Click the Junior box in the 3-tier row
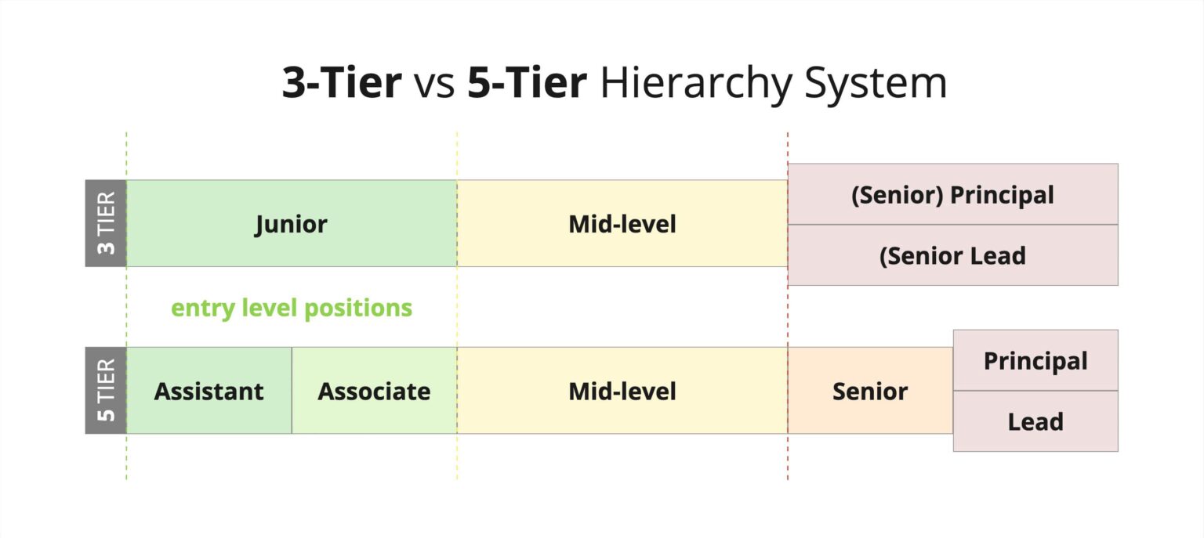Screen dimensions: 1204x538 click(292, 223)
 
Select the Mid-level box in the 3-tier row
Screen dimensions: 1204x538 click(622, 223)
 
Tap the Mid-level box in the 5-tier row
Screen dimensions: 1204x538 click(622, 390)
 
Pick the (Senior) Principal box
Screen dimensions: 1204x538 click(953, 194)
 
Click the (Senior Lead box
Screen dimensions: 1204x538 click(953, 255)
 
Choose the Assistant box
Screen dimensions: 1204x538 click(209, 390)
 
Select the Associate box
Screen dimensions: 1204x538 click(375, 390)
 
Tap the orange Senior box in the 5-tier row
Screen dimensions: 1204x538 click(870, 390)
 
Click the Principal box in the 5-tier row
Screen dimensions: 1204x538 click(1035, 360)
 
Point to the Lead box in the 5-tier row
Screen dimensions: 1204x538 click(1035, 421)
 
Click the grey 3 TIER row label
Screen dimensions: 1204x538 click(106, 223)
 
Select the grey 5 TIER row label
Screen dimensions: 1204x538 click(106, 390)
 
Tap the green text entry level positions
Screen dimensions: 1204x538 click(292, 309)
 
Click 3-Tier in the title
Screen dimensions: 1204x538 click(342, 83)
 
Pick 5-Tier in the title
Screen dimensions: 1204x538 click(527, 83)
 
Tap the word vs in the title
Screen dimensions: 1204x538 click(434, 87)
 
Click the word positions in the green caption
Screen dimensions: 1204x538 click(358, 309)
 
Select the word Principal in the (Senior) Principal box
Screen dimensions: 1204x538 click(1002, 195)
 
